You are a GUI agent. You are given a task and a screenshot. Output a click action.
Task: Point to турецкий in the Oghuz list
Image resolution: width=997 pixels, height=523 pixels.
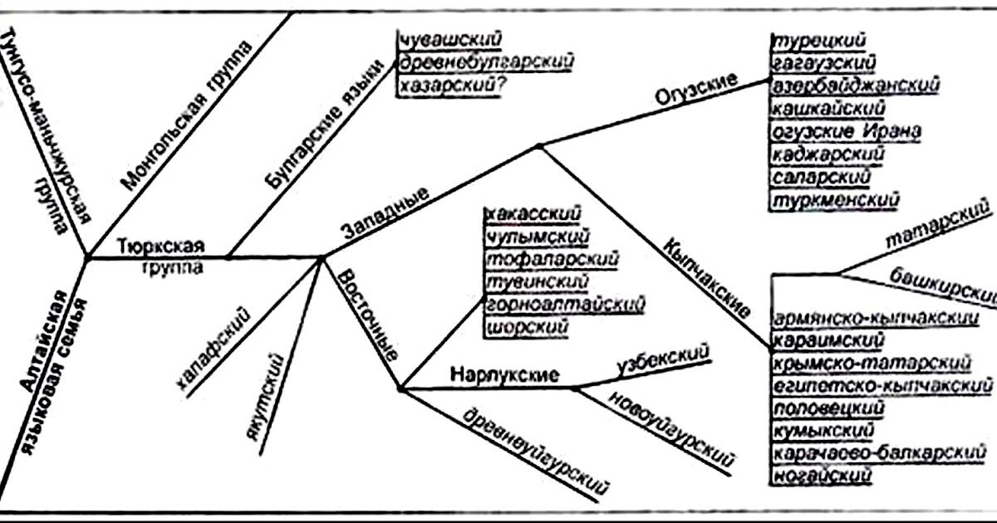(x=820, y=42)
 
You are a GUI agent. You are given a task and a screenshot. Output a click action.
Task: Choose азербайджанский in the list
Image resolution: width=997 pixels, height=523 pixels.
(x=855, y=86)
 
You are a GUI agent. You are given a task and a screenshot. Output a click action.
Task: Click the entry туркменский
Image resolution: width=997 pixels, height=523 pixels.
(x=836, y=201)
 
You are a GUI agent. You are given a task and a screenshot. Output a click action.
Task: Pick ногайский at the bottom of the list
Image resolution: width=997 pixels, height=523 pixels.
(x=822, y=476)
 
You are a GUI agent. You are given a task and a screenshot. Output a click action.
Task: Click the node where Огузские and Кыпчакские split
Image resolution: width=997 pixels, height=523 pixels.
(x=538, y=146)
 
